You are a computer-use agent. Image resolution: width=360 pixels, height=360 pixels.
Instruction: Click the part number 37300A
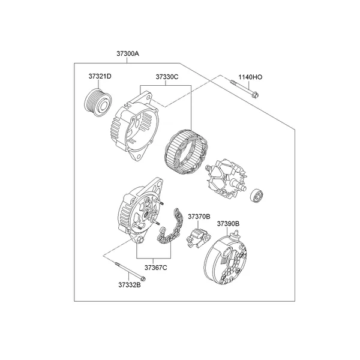127,53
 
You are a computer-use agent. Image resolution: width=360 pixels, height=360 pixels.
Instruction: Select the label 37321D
100,76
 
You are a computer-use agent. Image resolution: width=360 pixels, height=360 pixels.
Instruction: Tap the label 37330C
167,76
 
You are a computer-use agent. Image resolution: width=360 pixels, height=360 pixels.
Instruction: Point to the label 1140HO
250,77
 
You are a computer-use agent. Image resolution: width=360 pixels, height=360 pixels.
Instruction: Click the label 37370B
199,215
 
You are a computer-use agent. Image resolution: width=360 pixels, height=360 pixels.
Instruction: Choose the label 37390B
228,224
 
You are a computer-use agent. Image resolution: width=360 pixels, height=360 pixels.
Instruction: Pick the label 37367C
156,268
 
